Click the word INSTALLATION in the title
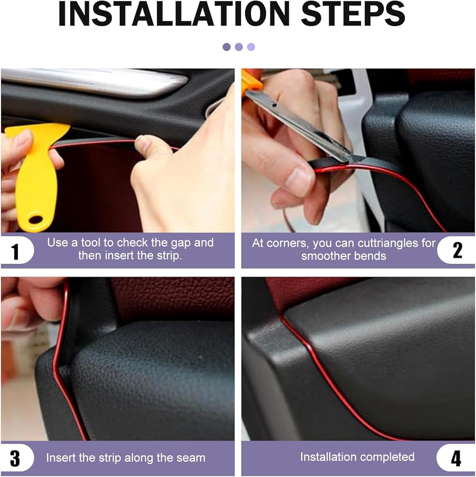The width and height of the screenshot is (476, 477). (x=173, y=14)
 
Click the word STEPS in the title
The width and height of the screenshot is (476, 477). (x=353, y=14)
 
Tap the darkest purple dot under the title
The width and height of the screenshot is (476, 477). (x=226, y=47)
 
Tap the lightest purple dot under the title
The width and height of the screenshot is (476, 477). (x=251, y=47)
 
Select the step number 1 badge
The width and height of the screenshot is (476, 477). (x=16, y=251)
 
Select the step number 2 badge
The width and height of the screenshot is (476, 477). (x=457, y=250)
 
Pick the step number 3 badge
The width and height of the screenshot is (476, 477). (x=16, y=458)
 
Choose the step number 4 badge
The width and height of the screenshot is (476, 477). (x=456, y=458)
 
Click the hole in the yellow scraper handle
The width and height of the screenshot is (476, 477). (x=35, y=219)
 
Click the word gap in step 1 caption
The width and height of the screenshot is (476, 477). (x=181, y=243)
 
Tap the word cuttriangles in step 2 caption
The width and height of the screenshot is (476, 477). (x=389, y=243)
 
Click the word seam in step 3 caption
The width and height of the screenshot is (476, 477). (x=192, y=458)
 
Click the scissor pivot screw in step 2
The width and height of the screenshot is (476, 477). (x=274, y=104)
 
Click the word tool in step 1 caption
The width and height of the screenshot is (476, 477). (x=90, y=243)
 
